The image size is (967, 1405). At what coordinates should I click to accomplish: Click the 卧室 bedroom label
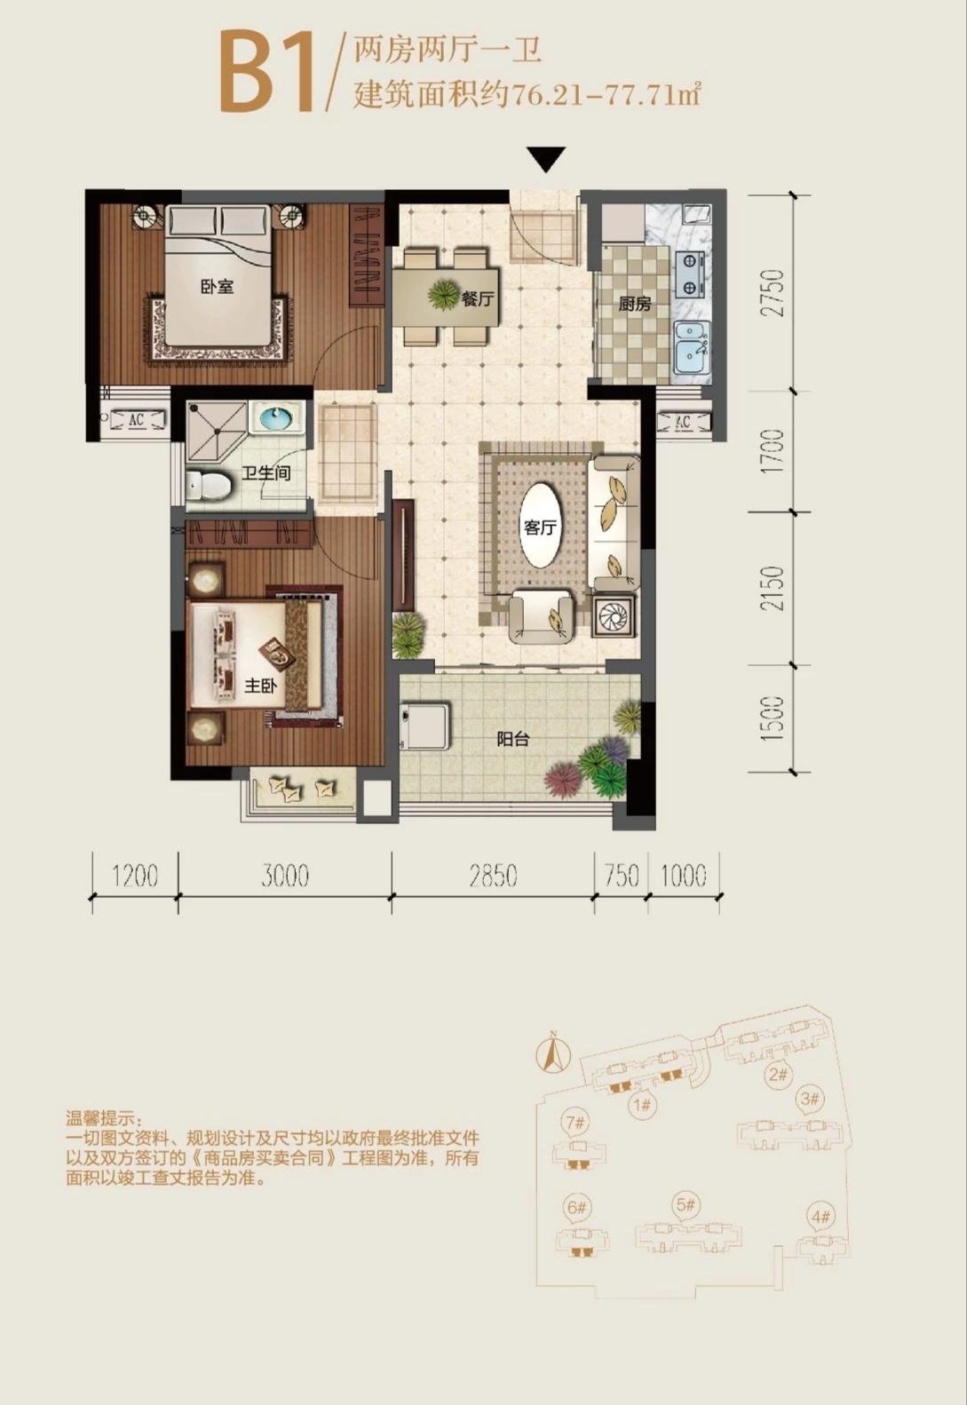(217, 287)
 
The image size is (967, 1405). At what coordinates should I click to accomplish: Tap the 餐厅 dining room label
(477, 299)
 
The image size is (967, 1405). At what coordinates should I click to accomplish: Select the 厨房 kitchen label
(635, 304)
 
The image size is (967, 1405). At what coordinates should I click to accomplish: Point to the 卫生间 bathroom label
(266, 473)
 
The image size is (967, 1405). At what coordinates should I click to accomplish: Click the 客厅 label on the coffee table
(540, 527)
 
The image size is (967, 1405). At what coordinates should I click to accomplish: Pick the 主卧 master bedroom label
(261, 686)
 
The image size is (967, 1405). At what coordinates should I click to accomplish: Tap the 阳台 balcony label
(513, 739)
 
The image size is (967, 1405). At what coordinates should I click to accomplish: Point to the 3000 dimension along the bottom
(285, 877)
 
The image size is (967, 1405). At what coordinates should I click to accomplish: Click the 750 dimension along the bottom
(621, 877)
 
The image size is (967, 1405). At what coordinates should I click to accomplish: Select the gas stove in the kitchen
(690, 275)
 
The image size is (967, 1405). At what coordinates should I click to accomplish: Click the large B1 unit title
(266, 71)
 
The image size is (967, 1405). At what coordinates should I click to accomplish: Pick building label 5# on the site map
(686, 1205)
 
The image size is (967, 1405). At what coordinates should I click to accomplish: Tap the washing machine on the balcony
(424, 726)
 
